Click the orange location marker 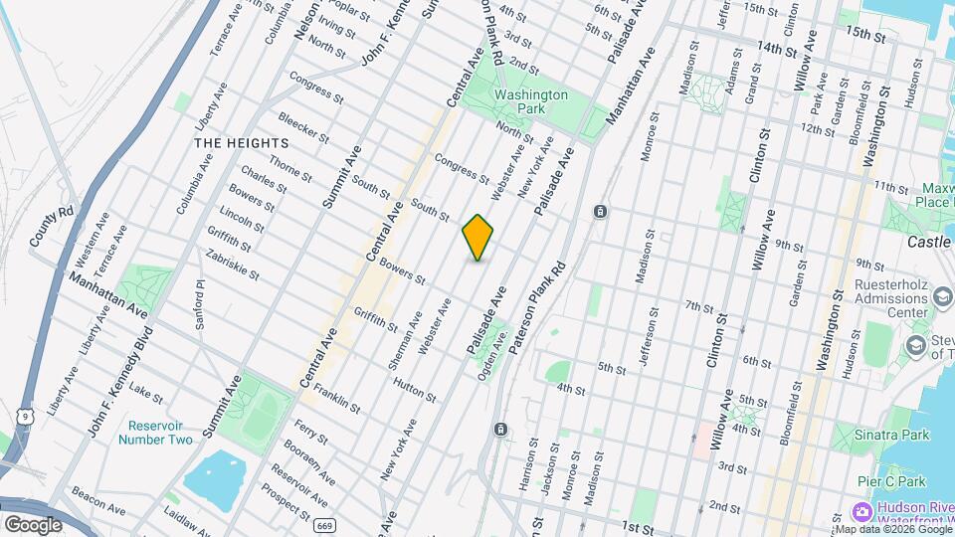[477, 238]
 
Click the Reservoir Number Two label [156, 433]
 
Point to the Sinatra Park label [892, 435]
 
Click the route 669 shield [321, 525]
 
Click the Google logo [33, 524]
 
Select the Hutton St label [414, 389]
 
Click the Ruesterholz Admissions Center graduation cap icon [940, 298]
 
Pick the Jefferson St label [650, 339]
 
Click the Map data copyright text [894, 529]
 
